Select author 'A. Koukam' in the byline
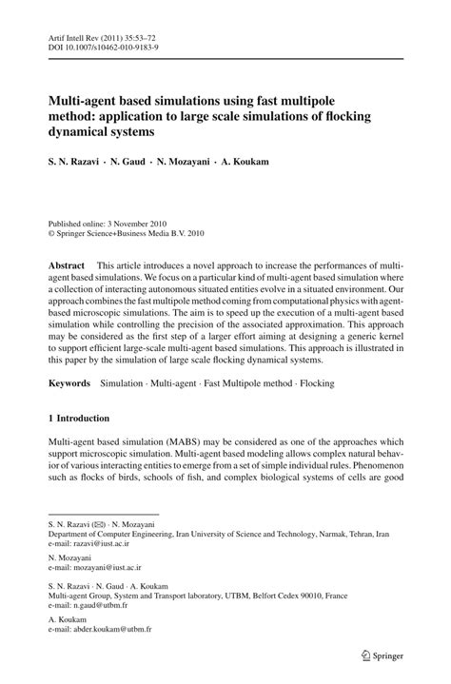243,163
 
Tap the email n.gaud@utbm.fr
98,609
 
